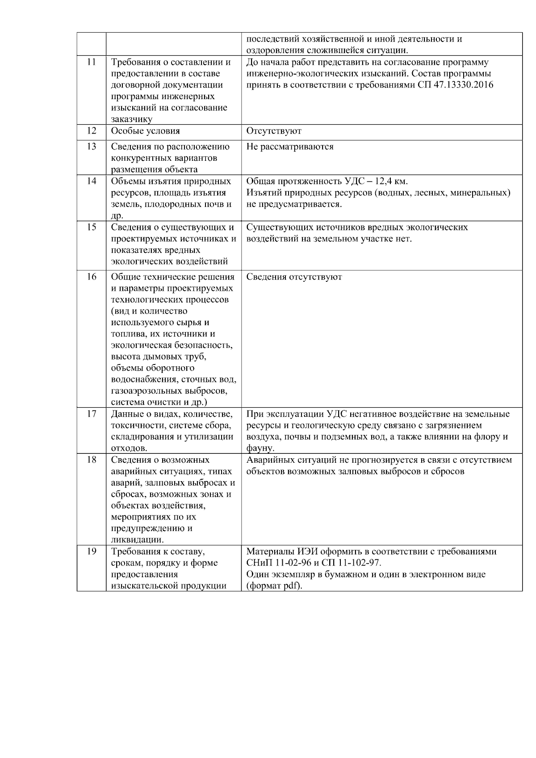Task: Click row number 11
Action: [91, 63]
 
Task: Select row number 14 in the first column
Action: [91, 181]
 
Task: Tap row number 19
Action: [91, 551]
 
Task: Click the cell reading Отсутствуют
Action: [274, 131]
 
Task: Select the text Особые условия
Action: [145, 131]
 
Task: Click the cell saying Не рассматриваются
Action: [290, 147]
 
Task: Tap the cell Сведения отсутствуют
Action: [294, 277]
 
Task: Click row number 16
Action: [91, 277]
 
